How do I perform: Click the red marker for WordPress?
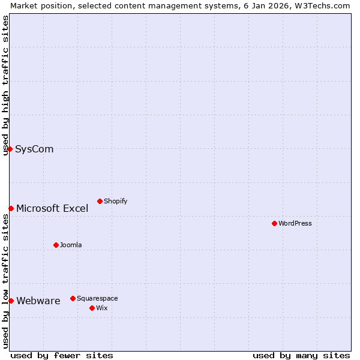[274, 223]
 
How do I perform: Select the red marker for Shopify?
[100, 201]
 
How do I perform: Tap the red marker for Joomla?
[56, 245]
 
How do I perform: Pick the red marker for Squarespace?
[73, 298]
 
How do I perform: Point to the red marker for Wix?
[92, 308]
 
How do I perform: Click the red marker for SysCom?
[10, 149]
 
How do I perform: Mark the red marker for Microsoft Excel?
[11, 208]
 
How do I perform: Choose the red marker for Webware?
[11, 301]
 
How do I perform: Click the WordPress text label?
[295, 223]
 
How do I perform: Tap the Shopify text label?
[116, 201]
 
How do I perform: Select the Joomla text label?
[71, 245]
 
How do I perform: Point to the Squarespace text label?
[97, 298]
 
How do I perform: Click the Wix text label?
[101, 308]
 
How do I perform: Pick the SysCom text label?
[34, 149]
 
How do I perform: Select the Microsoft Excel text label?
[52, 209]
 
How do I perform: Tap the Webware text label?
[38, 301]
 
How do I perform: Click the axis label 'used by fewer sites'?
[62, 355]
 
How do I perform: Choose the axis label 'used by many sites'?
[301, 355]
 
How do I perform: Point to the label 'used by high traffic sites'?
[5, 85]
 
